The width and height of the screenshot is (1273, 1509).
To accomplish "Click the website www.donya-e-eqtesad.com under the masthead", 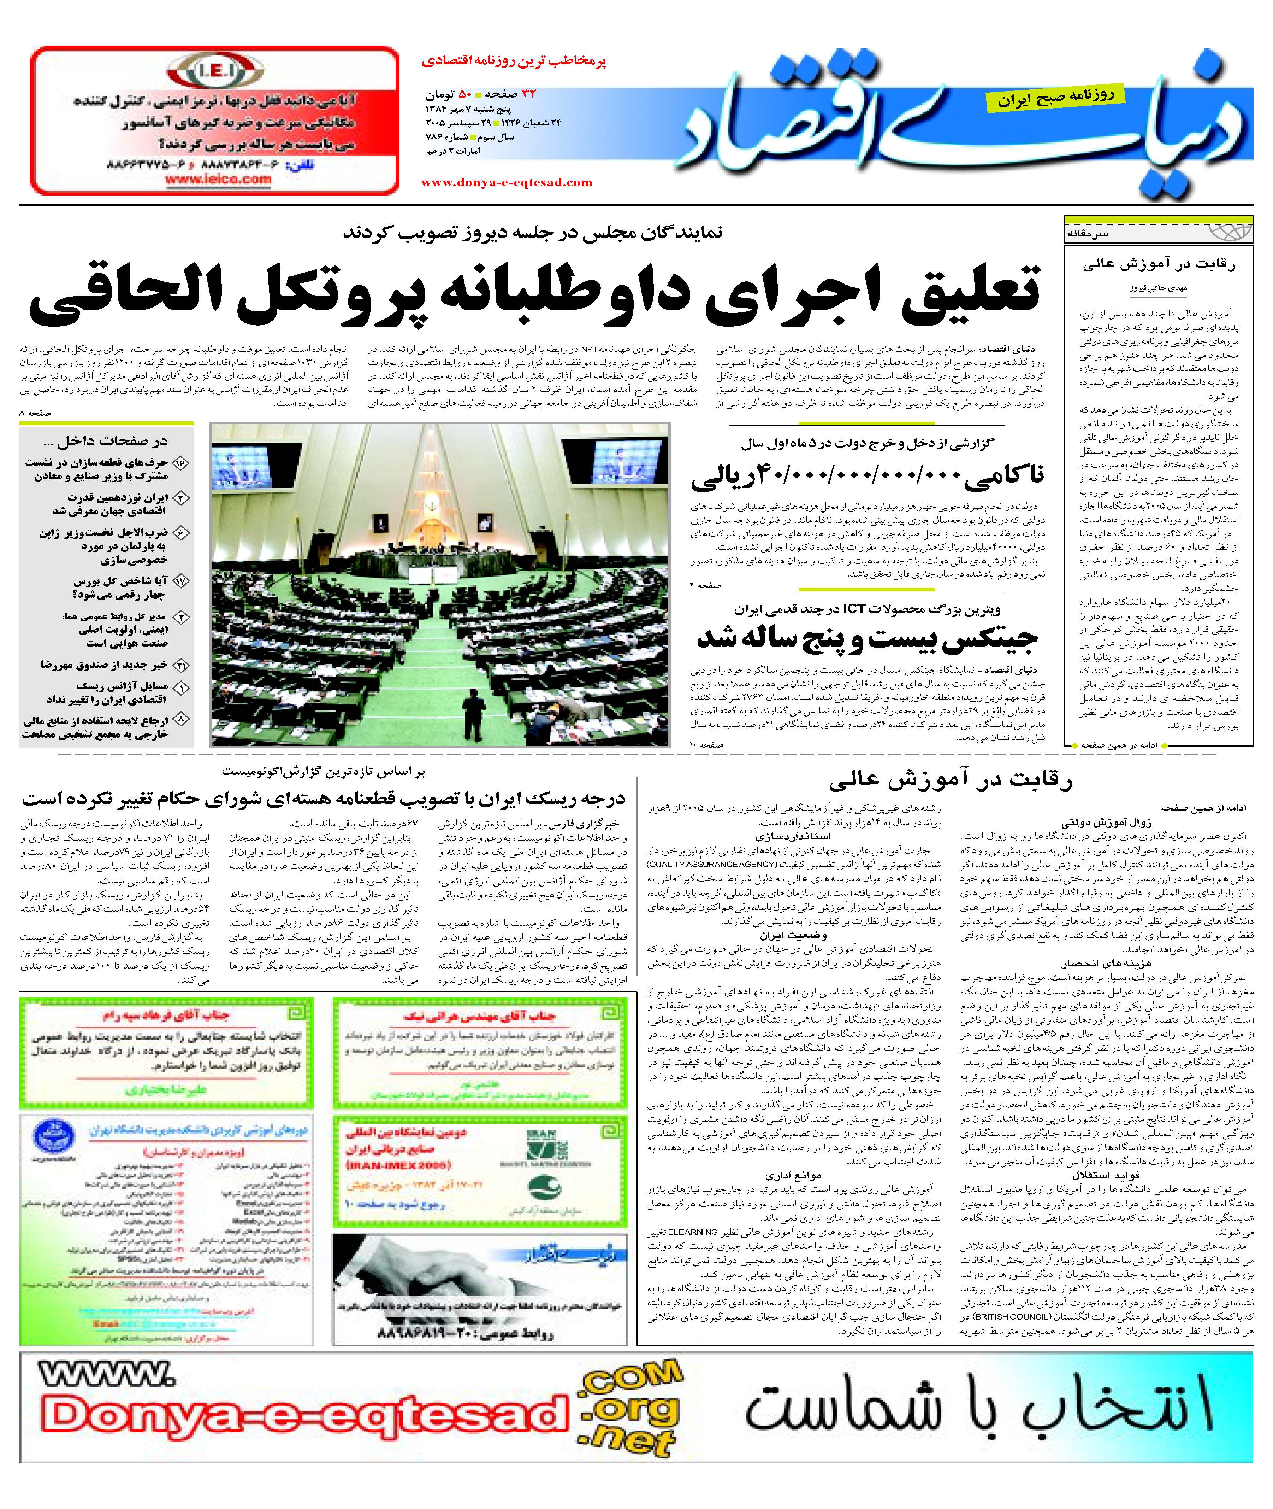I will pyautogui.click(x=507, y=183).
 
